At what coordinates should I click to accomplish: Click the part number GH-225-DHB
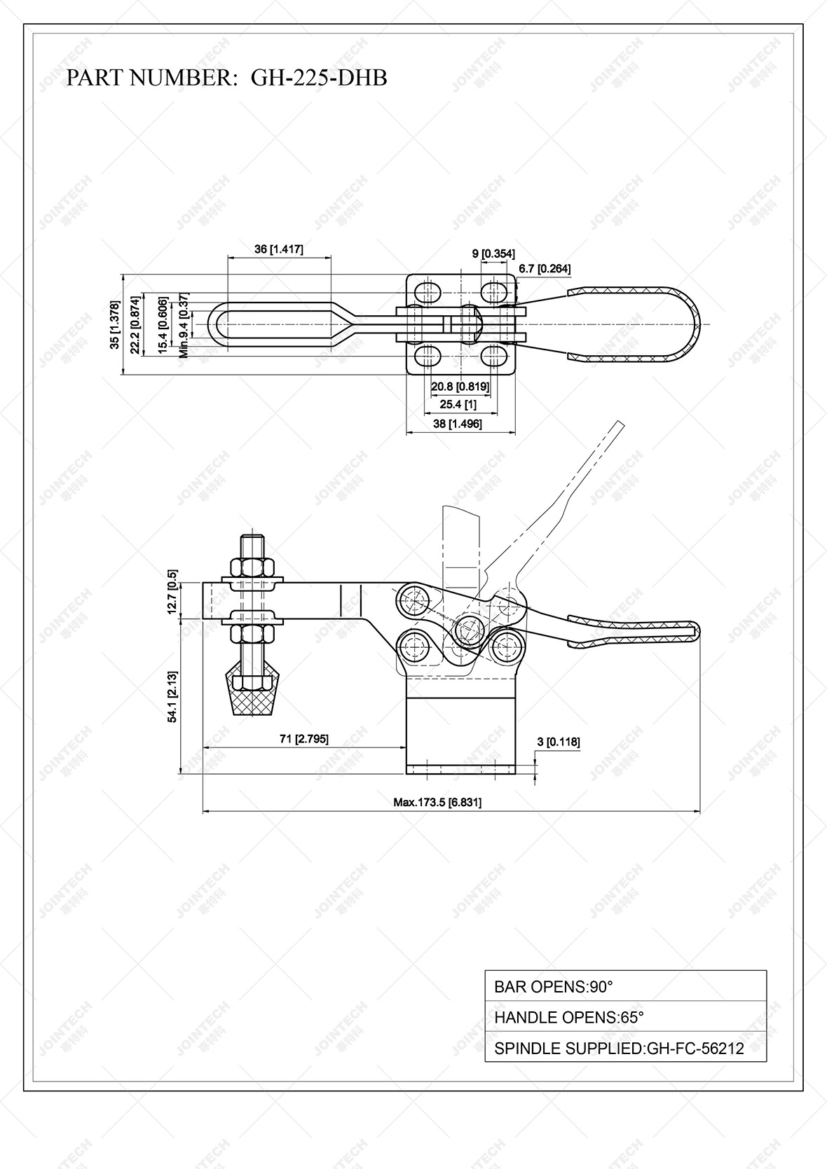point(318,78)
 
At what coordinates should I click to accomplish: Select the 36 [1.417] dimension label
point(279,249)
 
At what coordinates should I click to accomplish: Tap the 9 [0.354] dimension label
point(493,254)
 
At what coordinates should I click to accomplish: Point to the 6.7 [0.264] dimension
point(545,268)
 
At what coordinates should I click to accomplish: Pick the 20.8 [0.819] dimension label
point(460,386)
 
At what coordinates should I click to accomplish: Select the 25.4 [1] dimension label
point(458,404)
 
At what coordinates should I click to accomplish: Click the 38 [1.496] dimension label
point(458,424)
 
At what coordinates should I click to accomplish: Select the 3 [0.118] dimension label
point(559,742)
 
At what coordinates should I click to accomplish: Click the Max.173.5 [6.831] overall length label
point(437,802)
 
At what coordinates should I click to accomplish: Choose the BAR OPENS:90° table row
point(625,987)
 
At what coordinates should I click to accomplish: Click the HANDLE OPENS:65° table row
point(625,1017)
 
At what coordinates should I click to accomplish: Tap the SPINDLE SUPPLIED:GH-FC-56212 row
point(625,1048)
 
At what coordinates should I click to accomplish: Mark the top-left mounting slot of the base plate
point(428,290)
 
